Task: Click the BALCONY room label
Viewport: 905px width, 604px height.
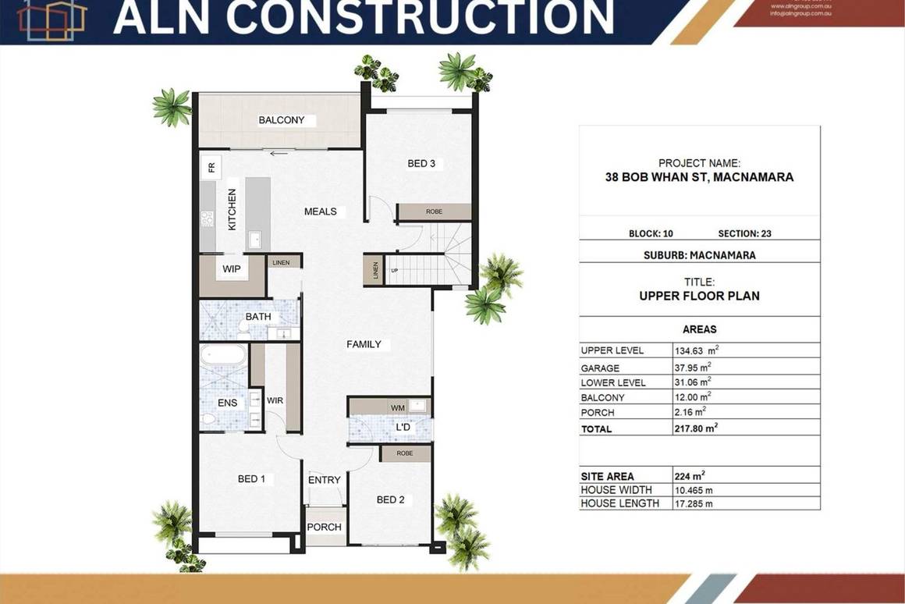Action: pyautogui.click(x=282, y=120)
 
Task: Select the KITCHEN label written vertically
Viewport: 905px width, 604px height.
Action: pyautogui.click(x=232, y=209)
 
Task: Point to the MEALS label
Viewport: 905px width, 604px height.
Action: pyautogui.click(x=321, y=211)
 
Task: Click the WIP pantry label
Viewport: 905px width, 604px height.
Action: pyautogui.click(x=232, y=269)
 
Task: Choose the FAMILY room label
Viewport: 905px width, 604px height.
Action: pyautogui.click(x=364, y=344)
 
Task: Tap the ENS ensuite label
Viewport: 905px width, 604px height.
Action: pyautogui.click(x=227, y=402)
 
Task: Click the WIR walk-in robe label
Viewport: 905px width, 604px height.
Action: pyautogui.click(x=275, y=400)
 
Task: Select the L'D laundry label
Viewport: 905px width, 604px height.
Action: pyautogui.click(x=403, y=428)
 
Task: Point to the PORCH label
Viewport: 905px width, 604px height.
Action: pyautogui.click(x=324, y=527)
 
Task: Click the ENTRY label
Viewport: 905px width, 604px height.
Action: pyautogui.click(x=324, y=480)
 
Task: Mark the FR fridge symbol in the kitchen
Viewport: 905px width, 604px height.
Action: pyautogui.click(x=211, y=167)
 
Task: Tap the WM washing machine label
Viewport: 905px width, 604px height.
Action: pyautogui.click(x=397, y=407)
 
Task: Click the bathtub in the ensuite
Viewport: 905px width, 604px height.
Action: pyautogui.click(x=223, y=357)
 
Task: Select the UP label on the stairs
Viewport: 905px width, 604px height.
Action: pyautogui.click(x=395, y=271)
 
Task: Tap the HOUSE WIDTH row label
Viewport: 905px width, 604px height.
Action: pyautogui.click(x=616, y=489)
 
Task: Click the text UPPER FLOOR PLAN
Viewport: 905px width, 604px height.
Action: pyautogui.click(x=699, y=296)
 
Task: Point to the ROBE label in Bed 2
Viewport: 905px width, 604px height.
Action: pyautogui.click(x=404, y=453)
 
